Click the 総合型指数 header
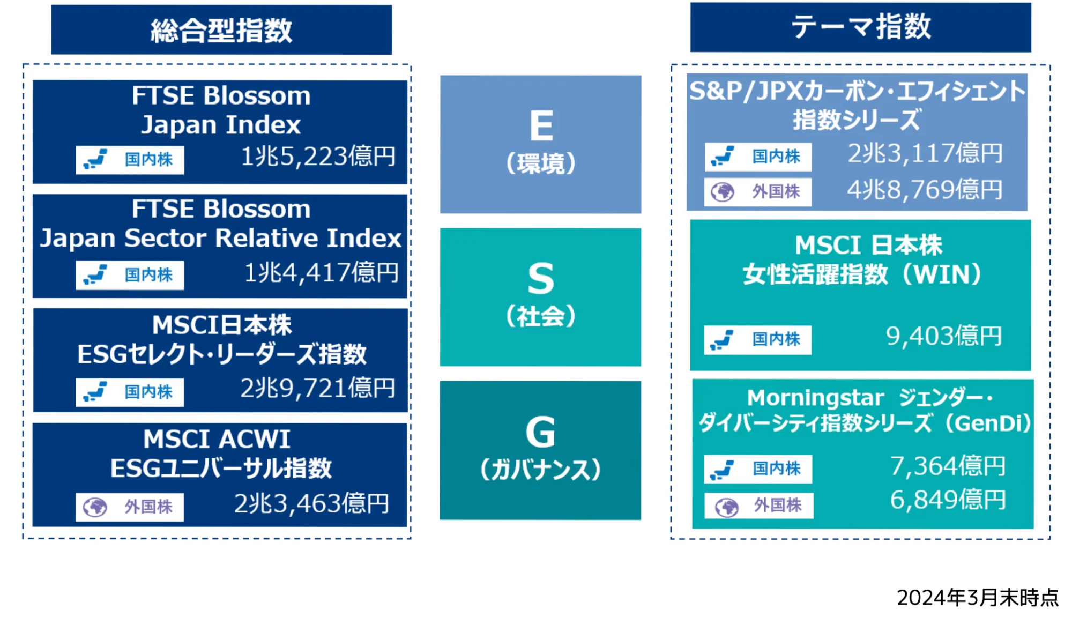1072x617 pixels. (x=221, y=30)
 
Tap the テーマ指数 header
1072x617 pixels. (x=861, y=27)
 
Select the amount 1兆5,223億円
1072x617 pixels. (x=318, y=157)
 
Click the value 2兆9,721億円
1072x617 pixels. (x=318, y=388)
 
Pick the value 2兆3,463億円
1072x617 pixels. (x=311, y=503)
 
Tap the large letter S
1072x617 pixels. (x=541, y=279)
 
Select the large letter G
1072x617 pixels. (x=540, y=432)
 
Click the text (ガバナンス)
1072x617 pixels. (x=540, y=470)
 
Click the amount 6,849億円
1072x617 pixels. (x=948, y=500)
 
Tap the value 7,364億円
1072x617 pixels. (x=948, y=466)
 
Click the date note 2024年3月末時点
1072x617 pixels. (x=978, y=597)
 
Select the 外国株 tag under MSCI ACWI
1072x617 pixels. (x=130, y=507)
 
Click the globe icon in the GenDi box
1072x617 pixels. (x=727, y=507)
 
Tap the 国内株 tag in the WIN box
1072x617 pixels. (x=757, y=339)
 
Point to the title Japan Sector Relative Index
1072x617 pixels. (x=220, y=238)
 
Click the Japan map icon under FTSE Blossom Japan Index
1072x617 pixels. (x=95, y=160)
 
